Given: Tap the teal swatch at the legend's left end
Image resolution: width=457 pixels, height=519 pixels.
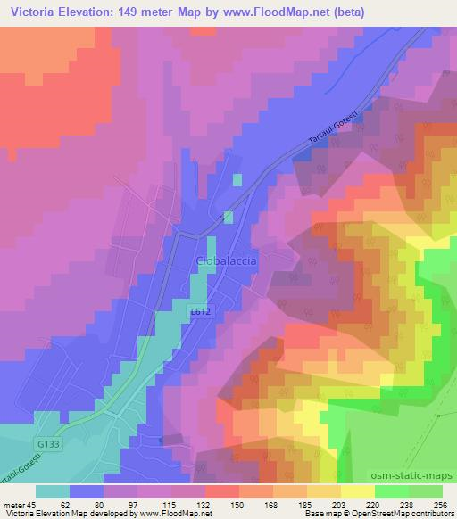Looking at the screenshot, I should click(x=53, y=491).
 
